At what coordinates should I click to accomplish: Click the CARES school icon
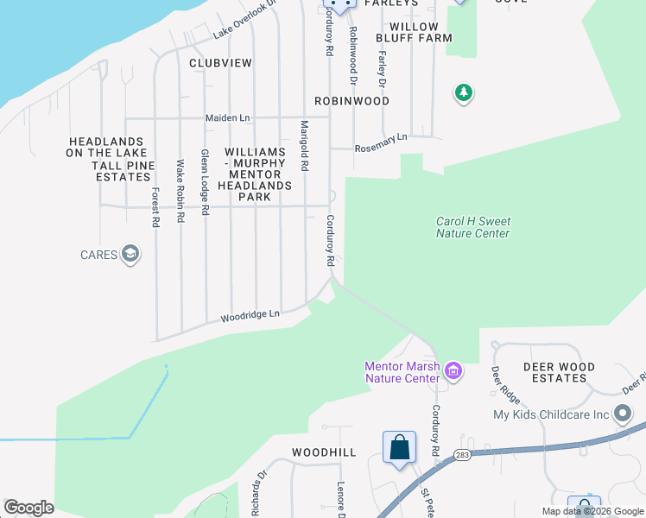(130, 255)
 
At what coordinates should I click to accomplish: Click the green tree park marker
(464, 92)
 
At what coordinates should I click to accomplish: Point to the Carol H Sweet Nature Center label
(472, 227)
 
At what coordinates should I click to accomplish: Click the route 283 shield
(463, 456)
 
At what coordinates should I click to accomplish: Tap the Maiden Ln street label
(227, 117)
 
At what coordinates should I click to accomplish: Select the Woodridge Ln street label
(250, 317)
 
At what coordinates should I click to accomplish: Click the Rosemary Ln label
(381, 142)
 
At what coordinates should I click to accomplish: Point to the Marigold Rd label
(304, 146)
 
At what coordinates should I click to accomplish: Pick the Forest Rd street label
(155, 207)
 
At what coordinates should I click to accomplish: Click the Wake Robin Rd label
(180, 192)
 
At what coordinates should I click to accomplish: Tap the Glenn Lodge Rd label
(205, 181)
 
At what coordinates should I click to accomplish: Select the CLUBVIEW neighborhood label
(220, 63)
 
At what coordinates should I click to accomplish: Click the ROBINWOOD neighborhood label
(351, 101)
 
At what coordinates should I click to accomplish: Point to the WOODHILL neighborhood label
(324, 452)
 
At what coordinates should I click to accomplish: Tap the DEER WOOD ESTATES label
(560, 373)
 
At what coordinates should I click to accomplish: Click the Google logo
(28, 508)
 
